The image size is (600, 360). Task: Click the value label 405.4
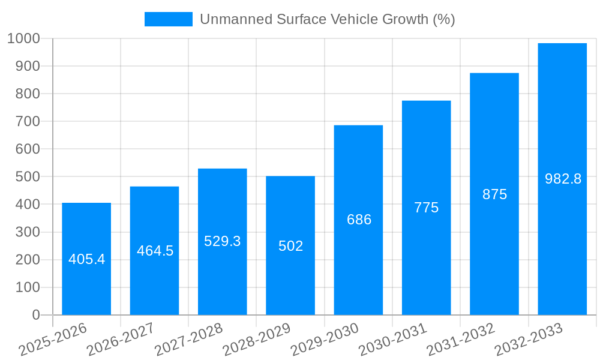click(86, 259)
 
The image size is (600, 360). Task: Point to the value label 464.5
click(155, 251)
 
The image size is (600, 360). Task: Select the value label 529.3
click(222, 241)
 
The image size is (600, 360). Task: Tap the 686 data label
click(359, 220)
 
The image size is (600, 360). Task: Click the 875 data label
click(494, 194)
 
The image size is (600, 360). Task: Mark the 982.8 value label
click(563, 179)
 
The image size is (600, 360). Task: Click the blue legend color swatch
click(168, 19)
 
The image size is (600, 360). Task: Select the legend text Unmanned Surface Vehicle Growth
click(327, 19)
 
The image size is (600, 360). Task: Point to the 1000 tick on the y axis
click(23, 38)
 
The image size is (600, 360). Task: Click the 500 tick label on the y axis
click(28, 177)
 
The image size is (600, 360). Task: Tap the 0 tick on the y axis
click(35, 315)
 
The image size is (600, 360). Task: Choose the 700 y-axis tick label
click(28, 121)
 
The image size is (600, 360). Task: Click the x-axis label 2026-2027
click(121, 340)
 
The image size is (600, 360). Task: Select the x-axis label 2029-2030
click(325, 340)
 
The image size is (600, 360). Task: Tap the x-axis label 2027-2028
click(189, 340)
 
